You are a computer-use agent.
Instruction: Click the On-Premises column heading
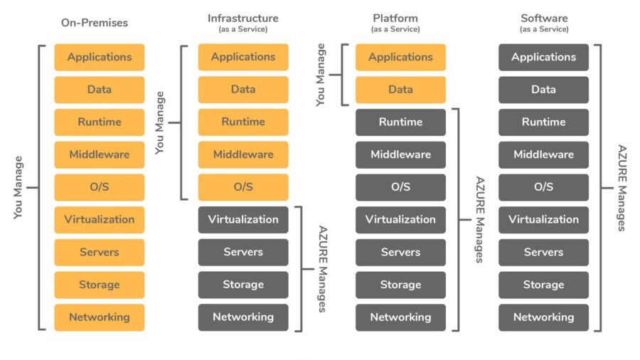(x=95, y=23)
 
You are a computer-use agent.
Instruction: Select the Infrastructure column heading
(x=243, y=18)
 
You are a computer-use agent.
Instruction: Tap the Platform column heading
(x=395, y=18)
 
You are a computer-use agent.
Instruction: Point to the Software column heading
(x=544, y=18)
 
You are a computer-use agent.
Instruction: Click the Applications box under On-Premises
(x=100, y=57)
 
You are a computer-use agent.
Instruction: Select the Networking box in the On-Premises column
(x=100, y=317)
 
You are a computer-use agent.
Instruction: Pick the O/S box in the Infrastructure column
(x=243, y=187)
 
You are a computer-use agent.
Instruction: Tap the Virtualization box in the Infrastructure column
(x=243, y=220)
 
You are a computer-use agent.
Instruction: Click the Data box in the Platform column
(x=400, y=90)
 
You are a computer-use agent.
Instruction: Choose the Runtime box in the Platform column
(x=400, y=122)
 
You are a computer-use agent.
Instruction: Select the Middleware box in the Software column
(x=543, y=154)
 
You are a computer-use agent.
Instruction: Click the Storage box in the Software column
(x=543, y=285)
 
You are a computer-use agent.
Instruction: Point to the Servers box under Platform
(x=400, y=253)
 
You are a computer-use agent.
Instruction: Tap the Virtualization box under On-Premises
(x=100, y=220)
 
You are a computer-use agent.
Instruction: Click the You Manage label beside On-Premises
(x=18, y=187)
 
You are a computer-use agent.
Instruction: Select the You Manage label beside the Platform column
(x=321, y=75)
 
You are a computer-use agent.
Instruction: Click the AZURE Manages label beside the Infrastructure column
(x=322, y=269)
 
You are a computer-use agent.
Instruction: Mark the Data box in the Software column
(x=543, y=90)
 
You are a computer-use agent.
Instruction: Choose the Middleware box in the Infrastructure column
(x=243, y=154)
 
